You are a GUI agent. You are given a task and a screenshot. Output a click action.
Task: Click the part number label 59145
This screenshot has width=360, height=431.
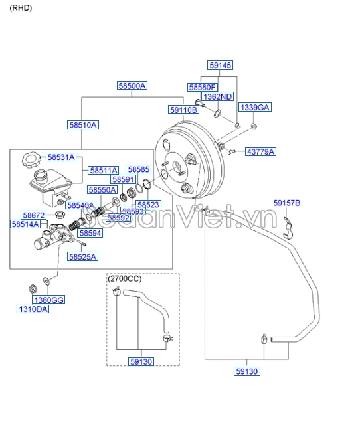point(220,65)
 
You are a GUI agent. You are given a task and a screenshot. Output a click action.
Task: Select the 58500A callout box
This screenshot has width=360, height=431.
point(132,86)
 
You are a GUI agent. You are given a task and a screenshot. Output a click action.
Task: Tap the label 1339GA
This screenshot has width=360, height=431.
point(255,107)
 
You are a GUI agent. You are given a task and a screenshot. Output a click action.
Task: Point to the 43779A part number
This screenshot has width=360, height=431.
point(260,152)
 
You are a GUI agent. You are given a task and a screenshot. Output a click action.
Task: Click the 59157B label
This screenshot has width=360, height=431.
point(287,203)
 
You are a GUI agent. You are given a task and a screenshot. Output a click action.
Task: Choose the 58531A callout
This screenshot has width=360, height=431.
point(60,157)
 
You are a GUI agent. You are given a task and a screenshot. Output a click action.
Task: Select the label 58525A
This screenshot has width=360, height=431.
point(82,256)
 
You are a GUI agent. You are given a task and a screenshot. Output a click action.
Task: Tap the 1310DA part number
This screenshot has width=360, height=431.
point(33,309)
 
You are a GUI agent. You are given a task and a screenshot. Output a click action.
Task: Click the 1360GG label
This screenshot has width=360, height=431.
point(49,300)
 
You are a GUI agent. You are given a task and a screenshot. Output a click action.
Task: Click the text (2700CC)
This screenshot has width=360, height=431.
point(125,279)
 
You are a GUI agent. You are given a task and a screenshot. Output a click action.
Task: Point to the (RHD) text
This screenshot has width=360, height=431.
point(21,8)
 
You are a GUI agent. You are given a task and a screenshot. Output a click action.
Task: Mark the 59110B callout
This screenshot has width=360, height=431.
point(183,110)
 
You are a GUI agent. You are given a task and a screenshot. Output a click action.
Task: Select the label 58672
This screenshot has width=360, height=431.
point(33,215)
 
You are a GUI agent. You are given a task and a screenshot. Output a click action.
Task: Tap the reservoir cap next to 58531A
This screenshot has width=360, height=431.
point(30,160)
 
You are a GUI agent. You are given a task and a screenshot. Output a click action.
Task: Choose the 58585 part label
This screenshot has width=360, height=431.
point(139,170)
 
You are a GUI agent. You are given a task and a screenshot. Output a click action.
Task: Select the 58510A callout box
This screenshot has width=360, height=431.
point(82,124)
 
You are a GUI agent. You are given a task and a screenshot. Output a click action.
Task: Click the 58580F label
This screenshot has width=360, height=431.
point(202,87)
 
